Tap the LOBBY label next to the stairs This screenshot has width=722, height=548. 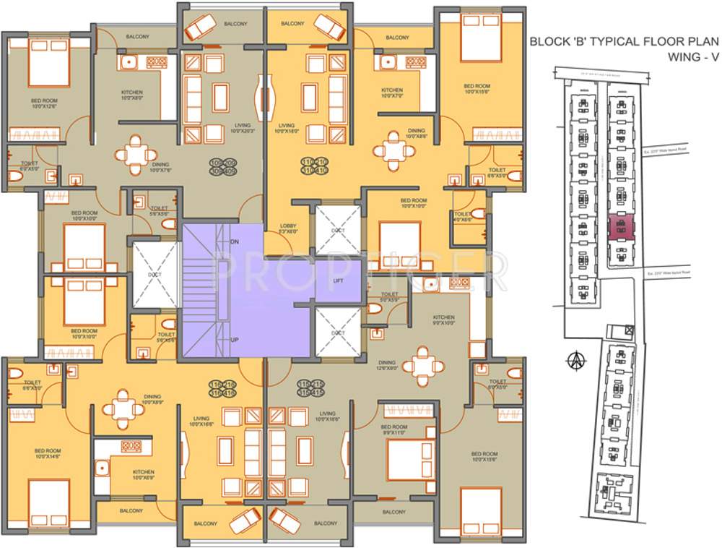(x=288, y=229)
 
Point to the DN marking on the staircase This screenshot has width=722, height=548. (x=234, y=240)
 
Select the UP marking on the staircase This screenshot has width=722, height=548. (x=234, y=340)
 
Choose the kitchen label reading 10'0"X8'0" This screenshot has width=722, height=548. (x=131, y=96)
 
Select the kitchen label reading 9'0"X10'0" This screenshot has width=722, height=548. (x=443, y=321)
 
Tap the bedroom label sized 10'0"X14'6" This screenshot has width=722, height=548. (x=48, y=454)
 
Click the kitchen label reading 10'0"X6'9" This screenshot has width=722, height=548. (x=143, y=475)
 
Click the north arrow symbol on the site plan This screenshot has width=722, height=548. (x=575, y=359)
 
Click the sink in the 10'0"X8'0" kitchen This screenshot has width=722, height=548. (x=128, y=63)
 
